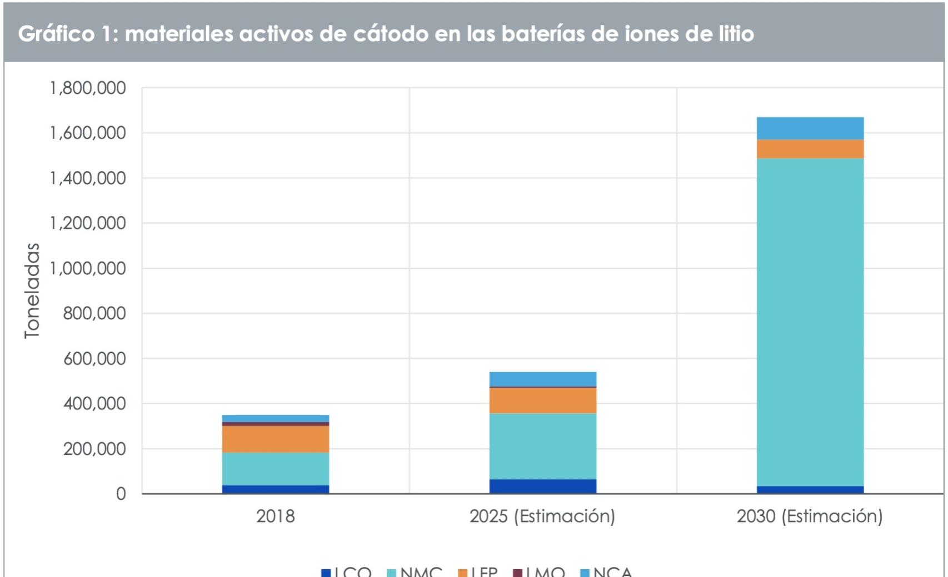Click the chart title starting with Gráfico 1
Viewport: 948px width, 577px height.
[386, 34]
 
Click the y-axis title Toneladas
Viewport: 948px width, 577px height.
[32, 290]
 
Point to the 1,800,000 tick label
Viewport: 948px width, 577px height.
[88, 88]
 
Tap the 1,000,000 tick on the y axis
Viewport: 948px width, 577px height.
[88, 268]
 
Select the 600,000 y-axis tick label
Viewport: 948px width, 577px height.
[94, 358]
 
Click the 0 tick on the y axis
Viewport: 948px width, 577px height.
[121, 494]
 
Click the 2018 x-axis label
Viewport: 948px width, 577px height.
[275, 516]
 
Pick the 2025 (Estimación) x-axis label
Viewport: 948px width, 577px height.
[542, 516]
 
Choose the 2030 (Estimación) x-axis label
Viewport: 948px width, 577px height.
[810, 516]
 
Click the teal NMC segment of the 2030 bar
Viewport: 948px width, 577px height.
[810, 322]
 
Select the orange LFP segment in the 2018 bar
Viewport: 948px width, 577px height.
[275, 439]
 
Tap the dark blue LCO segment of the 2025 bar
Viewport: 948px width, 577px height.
[542, 486]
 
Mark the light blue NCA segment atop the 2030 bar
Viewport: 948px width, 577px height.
[810, 128]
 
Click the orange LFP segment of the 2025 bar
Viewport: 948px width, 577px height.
[542, 400]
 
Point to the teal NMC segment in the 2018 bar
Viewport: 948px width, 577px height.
[275, 469]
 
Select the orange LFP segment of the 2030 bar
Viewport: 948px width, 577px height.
[810, 149]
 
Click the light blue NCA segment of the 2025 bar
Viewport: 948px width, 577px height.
[542, 379]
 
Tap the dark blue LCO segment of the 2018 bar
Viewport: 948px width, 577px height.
[275, 489]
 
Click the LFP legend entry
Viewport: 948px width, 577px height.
[478, 571]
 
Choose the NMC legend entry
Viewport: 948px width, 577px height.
[415, 571]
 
